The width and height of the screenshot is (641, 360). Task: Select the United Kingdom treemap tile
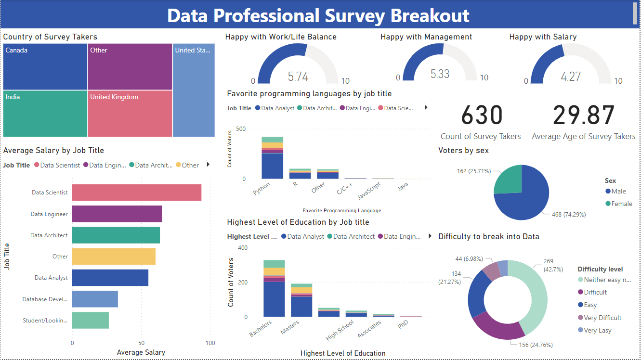[x=130, y=114]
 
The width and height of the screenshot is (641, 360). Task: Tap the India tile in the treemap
[x=45, y=114]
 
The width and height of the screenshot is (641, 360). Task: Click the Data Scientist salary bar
[x=137, y=193]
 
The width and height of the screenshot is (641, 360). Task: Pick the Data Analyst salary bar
[x=110, y=278]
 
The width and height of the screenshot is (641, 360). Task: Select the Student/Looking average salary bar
[x=91, y=320]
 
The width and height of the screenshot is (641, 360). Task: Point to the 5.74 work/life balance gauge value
[x=298, y=76]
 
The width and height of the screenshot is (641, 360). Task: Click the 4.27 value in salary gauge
[x=571, y=76]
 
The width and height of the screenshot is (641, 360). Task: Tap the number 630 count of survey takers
[x=482, y=116]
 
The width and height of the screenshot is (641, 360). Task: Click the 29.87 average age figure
[x=584, y=116]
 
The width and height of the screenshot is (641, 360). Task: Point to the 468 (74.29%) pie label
[x=569, y=215]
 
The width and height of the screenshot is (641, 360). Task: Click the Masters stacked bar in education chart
[x=301, y=300]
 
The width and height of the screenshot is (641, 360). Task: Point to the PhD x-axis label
[x=403, y=325]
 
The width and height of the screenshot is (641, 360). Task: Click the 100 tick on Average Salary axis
[x=210, y=343]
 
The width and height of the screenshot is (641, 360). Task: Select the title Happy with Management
[x=426, y=37]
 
